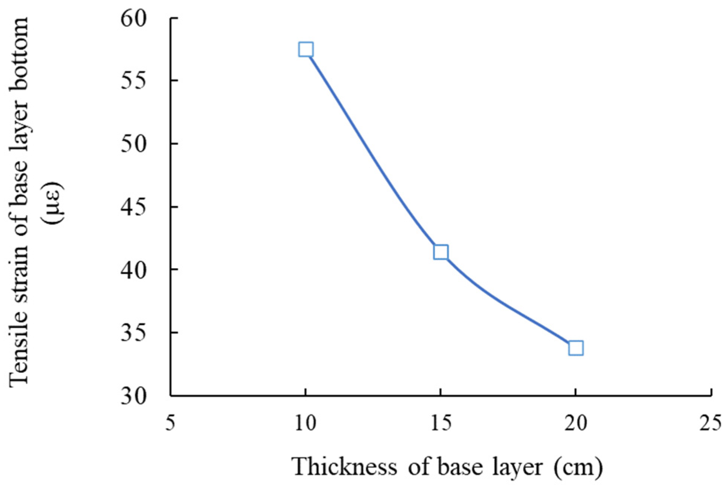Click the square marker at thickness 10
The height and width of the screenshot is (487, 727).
point(306,49)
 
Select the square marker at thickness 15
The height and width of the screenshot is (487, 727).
point(441,252)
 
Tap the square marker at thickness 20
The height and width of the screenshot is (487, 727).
point(576,348)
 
